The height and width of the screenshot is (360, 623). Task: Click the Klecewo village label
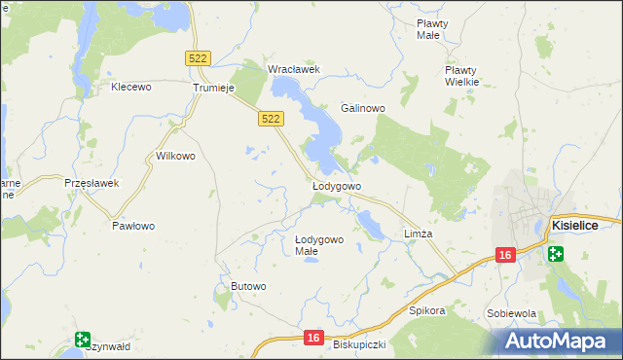point(131,87)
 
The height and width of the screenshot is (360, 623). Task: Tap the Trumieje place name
point(215,87)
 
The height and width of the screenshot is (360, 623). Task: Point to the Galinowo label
point(364,108)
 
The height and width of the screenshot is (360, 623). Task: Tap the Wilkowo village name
point(176,156)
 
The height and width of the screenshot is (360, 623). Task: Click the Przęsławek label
point(91,183)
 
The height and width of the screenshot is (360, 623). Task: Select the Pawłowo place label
point(133,226)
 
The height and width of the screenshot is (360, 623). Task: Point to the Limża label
point(418,234)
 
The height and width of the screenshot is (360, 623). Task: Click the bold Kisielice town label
point(574,225)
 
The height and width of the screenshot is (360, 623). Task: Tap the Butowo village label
point(248,285)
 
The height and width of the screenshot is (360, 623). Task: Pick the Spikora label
point(427,311)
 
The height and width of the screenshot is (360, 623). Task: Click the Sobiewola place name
point(512,313)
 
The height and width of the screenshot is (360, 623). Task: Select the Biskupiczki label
point(359,344)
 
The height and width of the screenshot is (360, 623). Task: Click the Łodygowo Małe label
point(319,245)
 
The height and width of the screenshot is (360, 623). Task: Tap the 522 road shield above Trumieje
point(198,58)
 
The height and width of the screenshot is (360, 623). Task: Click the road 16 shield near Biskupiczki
point(311,337)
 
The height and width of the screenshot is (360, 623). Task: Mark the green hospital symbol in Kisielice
point(555,255)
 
